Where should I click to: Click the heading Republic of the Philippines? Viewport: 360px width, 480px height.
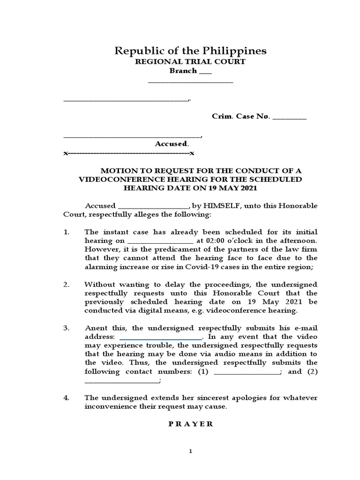pyautogui.click(x=190, y=51)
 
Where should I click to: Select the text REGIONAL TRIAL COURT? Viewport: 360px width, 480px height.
pyautogui.click(x=190, y=62)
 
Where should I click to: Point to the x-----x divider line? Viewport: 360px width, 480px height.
pyautogui.click(x=129, y=153)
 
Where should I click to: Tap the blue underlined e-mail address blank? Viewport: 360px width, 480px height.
pyautogui.click(x=161, y=337)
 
